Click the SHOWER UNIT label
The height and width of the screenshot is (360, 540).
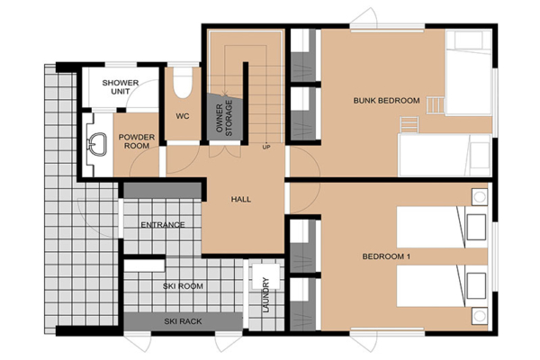click(120, 86)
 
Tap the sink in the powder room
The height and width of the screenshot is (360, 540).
click(95, 142)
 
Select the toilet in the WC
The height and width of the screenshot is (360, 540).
click(184, 83)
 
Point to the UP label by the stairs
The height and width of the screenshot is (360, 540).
click(266, 147)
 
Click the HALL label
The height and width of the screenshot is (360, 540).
click(240, 199)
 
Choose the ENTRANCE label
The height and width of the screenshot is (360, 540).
click(163, 225)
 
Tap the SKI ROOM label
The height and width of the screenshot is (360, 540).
click(184, 286)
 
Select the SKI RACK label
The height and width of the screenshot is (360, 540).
click(183, 321)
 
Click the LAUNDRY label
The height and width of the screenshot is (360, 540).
click(266, 295)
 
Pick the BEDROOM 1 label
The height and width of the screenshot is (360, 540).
click(386, 257)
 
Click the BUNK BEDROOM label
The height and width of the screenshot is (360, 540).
click(386, 101)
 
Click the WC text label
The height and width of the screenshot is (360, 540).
click(183, 116)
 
